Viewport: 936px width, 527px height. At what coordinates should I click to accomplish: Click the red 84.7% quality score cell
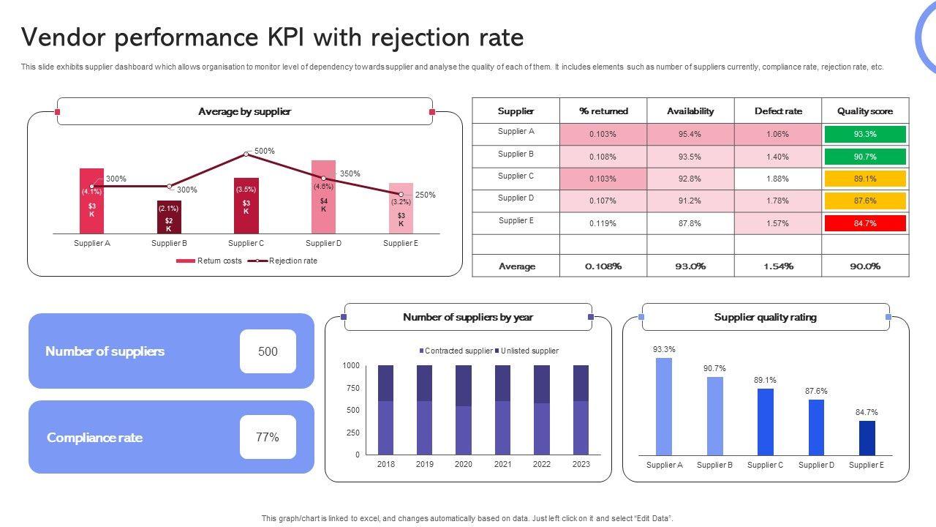coord(865,223)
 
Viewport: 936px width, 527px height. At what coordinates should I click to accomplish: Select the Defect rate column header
coord(778,111)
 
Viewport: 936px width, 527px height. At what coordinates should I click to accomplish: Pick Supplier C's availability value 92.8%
coord(690,179)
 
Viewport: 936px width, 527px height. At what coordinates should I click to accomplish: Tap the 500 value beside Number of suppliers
coord(268,351)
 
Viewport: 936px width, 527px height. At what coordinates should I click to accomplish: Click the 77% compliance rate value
coord(268,438)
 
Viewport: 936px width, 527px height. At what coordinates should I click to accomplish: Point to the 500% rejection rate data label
coord(265,152)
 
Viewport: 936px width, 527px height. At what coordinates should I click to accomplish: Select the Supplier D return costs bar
coord(323,196)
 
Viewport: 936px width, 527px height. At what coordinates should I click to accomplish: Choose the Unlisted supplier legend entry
coord(529,351)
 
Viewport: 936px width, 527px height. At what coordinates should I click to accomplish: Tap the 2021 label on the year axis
coord(502,464)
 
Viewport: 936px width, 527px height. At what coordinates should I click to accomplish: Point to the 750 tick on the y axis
coord(353,388)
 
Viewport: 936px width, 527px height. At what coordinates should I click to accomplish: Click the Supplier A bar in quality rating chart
coord(664,406)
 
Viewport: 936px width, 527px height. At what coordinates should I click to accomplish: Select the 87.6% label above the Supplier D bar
coord(816,392)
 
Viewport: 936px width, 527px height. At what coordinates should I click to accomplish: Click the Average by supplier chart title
coord(244,112)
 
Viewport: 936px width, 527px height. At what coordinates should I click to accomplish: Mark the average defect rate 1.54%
coord(778,266)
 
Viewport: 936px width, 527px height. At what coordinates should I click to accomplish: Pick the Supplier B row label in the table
coord(516,154)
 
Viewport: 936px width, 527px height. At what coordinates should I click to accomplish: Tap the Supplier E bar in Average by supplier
coord(401,208)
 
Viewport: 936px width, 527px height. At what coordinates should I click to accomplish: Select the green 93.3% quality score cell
coord(865,134)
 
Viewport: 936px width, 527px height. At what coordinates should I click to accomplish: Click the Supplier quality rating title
coord(765,318)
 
